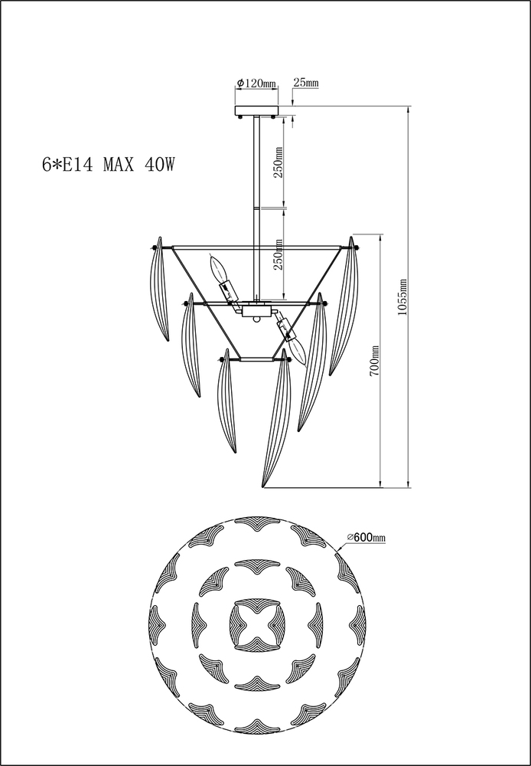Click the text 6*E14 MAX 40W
point(109,165)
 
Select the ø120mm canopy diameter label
point(256,83)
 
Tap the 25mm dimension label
point(306,82)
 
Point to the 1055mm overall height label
point(402,297)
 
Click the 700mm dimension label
point(374,361)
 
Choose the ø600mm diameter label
point(366,538)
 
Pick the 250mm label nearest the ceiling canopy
point(278,162)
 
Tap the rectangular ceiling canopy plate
point(256,110)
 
